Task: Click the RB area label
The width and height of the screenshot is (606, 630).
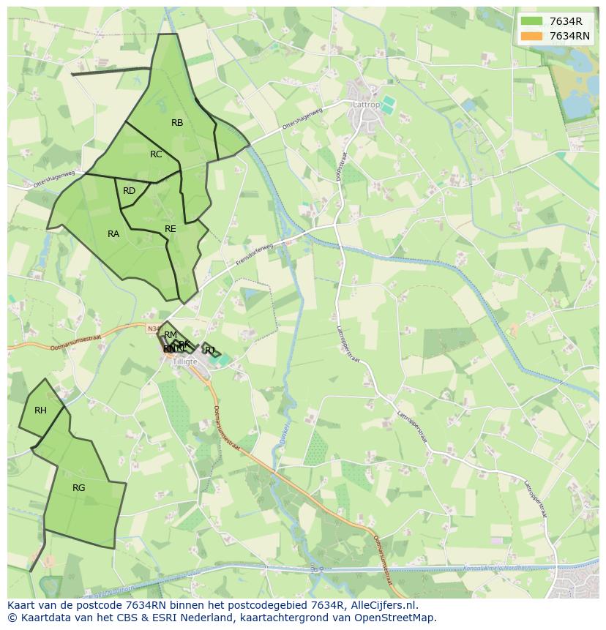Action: coord(177,123)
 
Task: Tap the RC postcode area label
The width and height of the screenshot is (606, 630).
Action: coord(156,154)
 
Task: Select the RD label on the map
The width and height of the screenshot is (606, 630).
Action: coord(129,191)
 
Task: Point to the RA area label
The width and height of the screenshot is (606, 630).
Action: coord(113,234)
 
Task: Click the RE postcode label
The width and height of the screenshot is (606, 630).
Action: coord(171,229)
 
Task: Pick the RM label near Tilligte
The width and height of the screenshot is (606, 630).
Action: coord(171,335)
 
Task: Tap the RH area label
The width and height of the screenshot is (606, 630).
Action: coord(40,410)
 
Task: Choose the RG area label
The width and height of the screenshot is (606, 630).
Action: coord(79,487)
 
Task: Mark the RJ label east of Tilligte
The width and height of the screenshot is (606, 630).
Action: coord(210,350)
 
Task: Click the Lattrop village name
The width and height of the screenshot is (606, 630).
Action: coord(367,105)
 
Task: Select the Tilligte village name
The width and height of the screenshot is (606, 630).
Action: coord(186,362)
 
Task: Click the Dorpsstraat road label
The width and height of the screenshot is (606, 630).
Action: coord(340,168)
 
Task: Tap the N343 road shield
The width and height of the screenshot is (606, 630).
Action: coord(152,329)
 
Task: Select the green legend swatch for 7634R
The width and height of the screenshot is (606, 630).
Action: coord(531,21)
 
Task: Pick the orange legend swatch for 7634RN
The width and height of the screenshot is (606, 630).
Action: coord(531,36)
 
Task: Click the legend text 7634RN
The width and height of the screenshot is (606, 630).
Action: coord(569,36)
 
